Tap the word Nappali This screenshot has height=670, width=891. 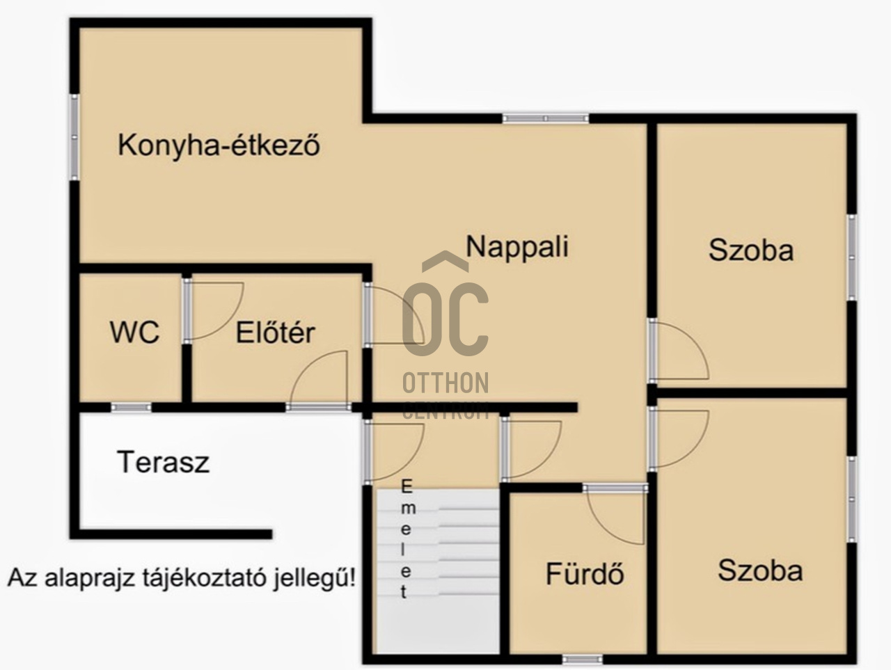[x=517, y=246]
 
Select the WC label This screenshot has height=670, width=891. [x=135, y=332]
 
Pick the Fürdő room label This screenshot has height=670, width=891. [x=585, y=573]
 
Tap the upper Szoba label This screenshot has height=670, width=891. [x=751, y=250]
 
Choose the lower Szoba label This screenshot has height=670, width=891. [x=760, y=571]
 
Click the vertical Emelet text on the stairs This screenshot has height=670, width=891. [x=407, y=539]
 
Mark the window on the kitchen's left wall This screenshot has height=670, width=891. [x=74, y=136]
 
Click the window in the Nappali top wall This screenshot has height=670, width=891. [x=546, y=118]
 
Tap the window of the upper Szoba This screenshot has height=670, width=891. [x=852, y=258]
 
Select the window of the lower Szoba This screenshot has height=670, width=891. [x=852, y=499]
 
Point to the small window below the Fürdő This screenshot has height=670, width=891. [x=583, y=659]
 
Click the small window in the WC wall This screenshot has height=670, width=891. [x=131, y=407]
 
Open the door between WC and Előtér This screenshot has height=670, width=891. [x=213, y=310]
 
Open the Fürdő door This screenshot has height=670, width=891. [x=615, y=515]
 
